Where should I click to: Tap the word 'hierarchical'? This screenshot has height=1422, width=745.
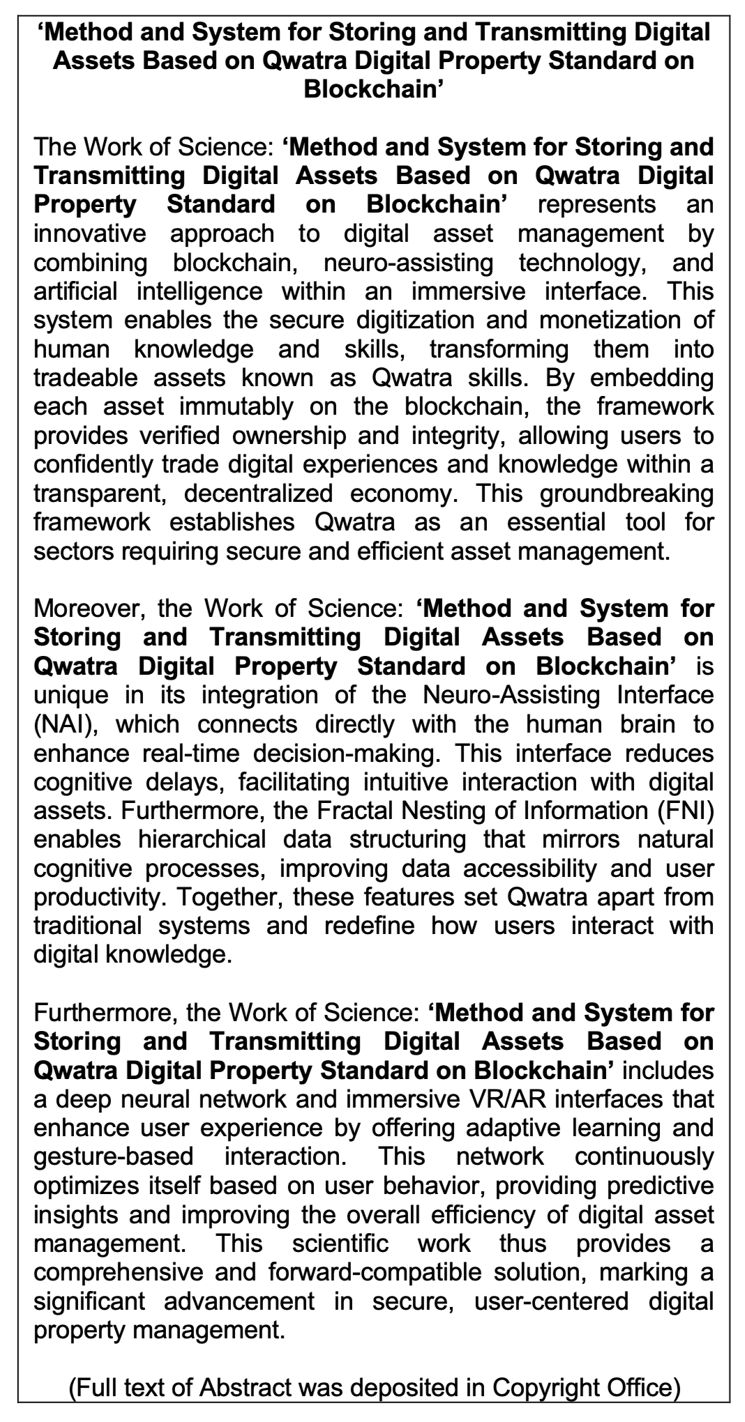tap(200, 839)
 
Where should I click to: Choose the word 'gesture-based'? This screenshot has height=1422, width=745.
tap(114, 1156)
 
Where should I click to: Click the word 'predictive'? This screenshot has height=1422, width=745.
tap(652, 1185)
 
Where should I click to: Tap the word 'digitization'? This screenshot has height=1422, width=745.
tap(426, 320)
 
